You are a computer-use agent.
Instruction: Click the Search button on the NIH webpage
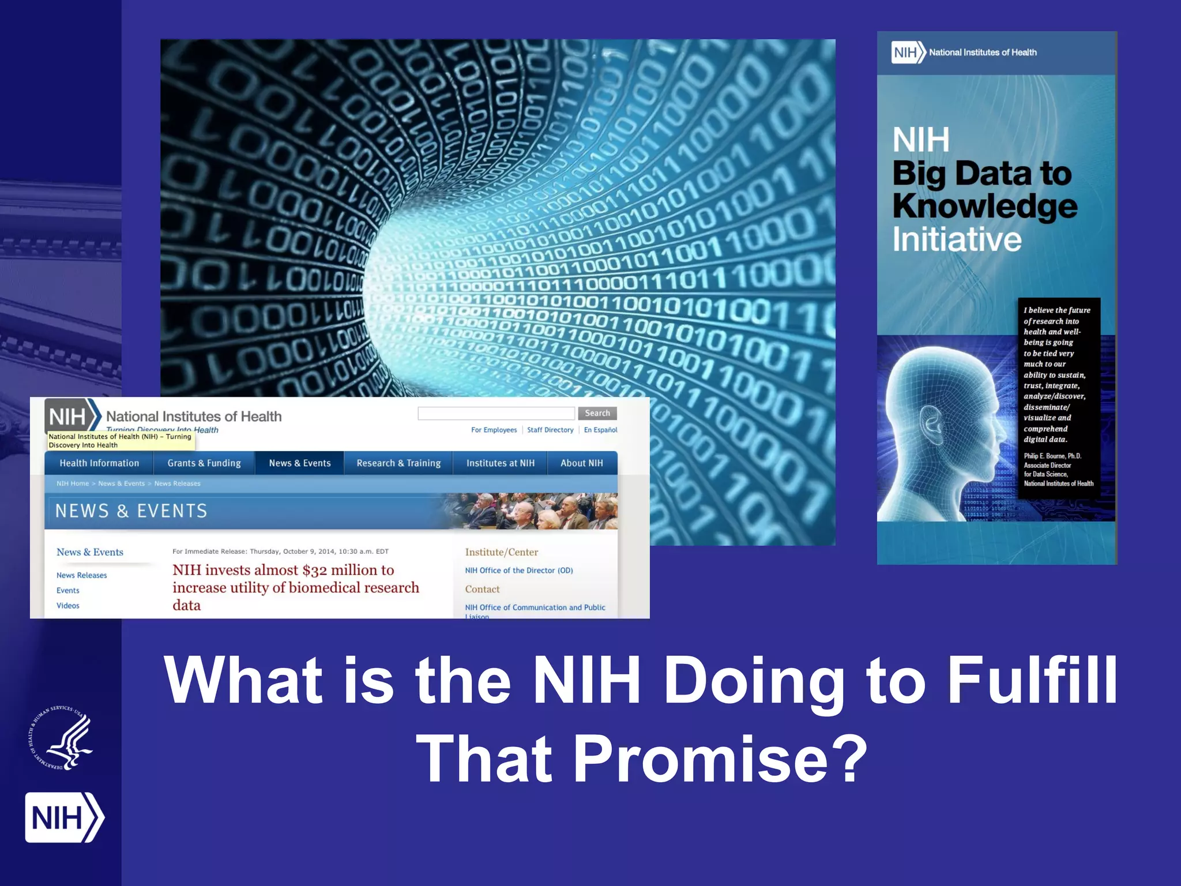[x=597, y=413]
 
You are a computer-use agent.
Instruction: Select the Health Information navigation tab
[x=99, y=463]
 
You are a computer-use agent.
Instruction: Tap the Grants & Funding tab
[x=204, y=463]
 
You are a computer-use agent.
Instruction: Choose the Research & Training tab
[x=398, y=463]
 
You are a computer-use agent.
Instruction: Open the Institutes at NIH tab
[x=500, y=463]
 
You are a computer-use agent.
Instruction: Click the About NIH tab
[x=581, y=463]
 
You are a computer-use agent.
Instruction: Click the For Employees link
[x=494, y=430]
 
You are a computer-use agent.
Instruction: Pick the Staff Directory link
[x=550, y=430]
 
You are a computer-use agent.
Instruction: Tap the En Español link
[x=600, y=430]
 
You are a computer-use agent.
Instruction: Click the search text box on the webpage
[x=496, y=413]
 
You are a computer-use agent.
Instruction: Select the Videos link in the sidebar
[x=68, y=606]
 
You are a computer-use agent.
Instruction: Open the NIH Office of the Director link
[x=518, y=570]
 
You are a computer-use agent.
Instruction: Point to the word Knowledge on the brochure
[x=984, y=207]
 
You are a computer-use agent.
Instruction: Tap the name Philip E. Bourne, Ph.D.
[x=1052, y=456]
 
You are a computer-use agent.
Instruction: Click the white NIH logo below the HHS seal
[x=64, y=817]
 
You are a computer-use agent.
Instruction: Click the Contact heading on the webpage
[x=482, y=590]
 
